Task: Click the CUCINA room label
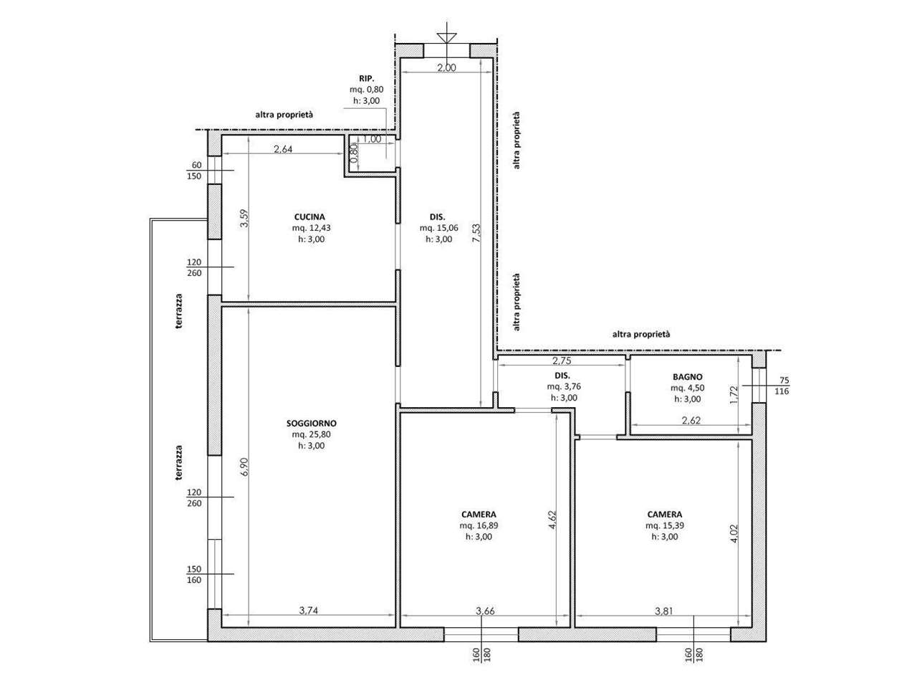click(x=309, y=217)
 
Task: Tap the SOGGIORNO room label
click(x=311, y=423)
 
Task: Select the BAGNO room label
click(x=687, y=377)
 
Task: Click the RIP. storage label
click(x=366, y=78)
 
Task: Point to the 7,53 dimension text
click(x=476, y=234)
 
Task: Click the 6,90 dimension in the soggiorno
click(x=244, y=467)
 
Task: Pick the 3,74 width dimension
click(x=308, y=611)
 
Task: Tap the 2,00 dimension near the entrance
click(x=446, y=67)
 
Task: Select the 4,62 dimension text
click(x=552, y=520)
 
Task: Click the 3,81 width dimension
click(x=664, y=611)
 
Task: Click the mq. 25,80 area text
click(x=311, y=434)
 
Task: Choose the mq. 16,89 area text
click(x=479, y=525)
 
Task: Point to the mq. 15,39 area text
click(x=665, y=525)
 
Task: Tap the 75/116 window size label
click(x=782, y=386)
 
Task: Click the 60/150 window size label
click(x=194, y=171)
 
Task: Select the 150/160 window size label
click(x=194, y=574)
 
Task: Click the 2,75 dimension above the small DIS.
click(x=562, y=360)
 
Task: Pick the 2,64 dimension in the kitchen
click(x=283, y=149)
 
